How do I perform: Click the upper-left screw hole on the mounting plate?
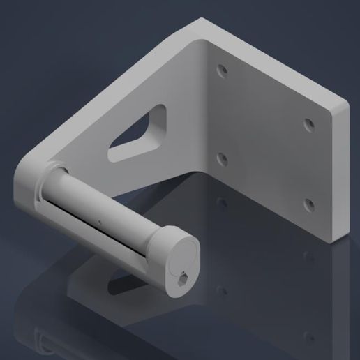[x=222, y=71]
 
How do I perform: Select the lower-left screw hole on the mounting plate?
[x=222, y=159]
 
